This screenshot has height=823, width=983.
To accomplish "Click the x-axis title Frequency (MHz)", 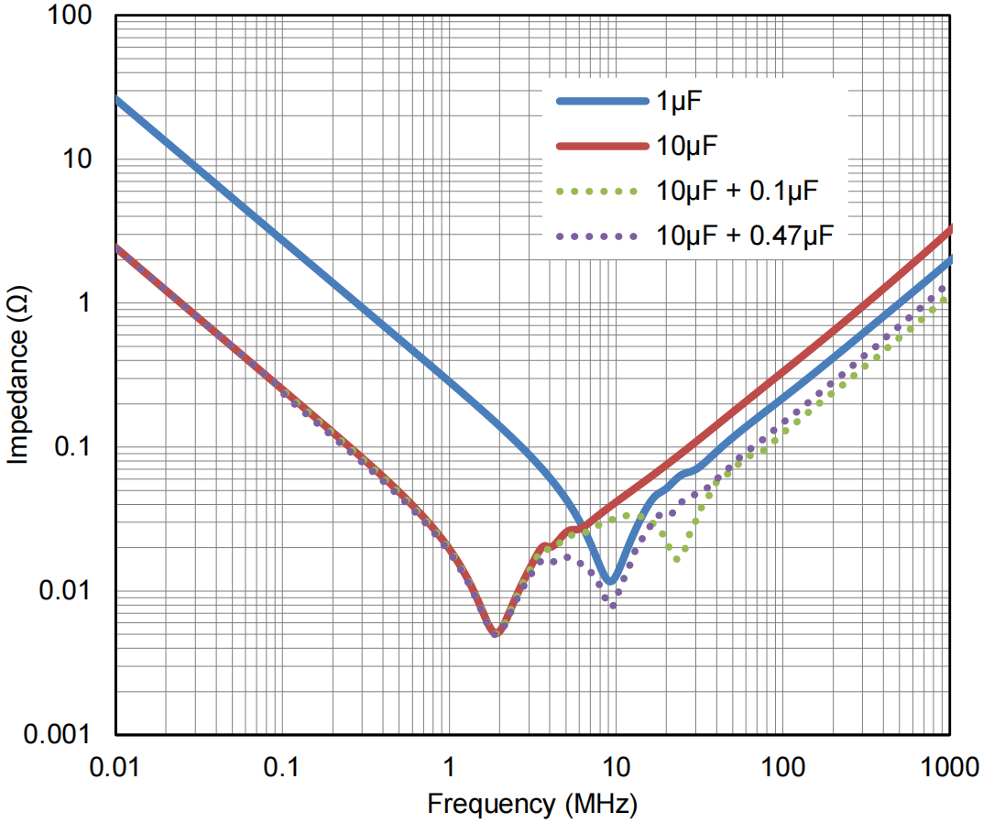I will (x=531, y=805).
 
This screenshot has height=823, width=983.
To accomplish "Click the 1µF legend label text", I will (x=679, y=102).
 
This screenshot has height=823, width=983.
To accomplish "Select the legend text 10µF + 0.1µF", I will (x=736, y=191).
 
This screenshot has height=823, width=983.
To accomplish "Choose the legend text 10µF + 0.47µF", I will (x=745, y=235).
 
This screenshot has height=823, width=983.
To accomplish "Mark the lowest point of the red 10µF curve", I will (x=495, y=633).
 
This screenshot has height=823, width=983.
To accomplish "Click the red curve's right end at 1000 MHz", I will (x=950, y=228).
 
